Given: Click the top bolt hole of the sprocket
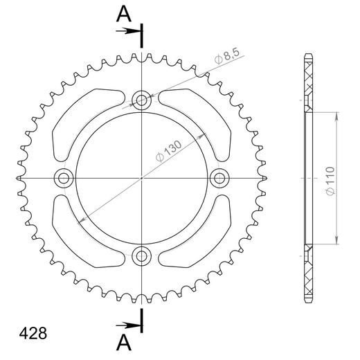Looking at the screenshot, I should (x=143, y=100).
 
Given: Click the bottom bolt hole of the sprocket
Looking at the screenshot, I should (x=143, y=256).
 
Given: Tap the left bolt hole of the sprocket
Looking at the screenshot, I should (x=65, y=179).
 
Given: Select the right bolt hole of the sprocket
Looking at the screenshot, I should (x=220, y=179).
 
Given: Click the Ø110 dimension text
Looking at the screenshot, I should (x=330, y=182).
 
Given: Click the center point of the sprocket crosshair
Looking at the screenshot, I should (x=143, y=179).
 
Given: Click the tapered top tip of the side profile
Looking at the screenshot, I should (x=307, y=55).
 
